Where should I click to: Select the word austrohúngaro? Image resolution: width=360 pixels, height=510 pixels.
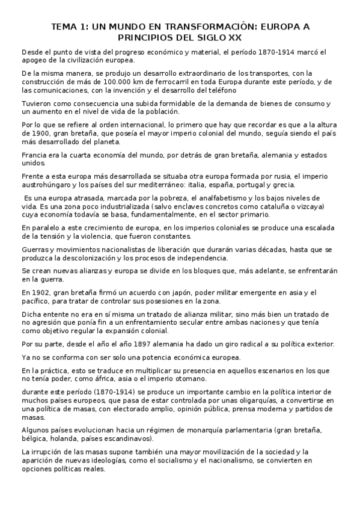50,185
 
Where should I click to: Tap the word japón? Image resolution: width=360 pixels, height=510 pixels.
191,292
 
